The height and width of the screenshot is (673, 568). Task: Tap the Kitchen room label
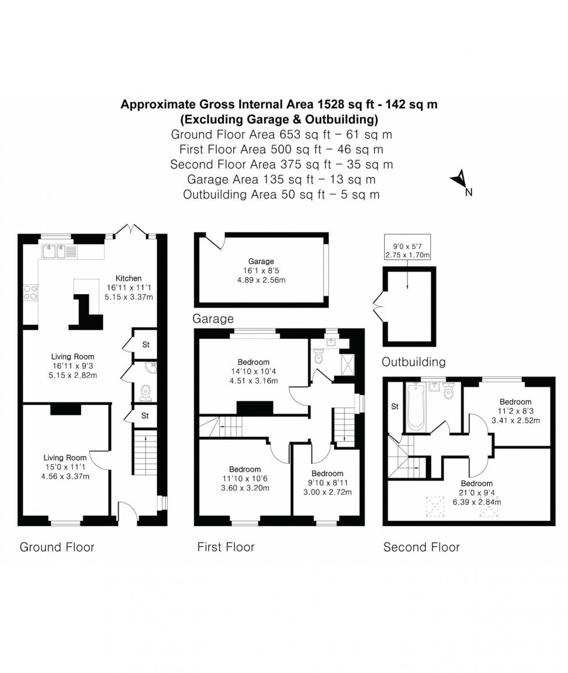coord(128,278)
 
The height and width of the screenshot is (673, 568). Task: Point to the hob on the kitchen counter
coord(30,292)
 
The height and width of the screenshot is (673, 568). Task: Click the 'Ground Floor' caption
coord(57,547)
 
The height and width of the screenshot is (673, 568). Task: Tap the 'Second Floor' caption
coord(421,547)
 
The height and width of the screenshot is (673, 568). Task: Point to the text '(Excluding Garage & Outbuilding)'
coord(279,120)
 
